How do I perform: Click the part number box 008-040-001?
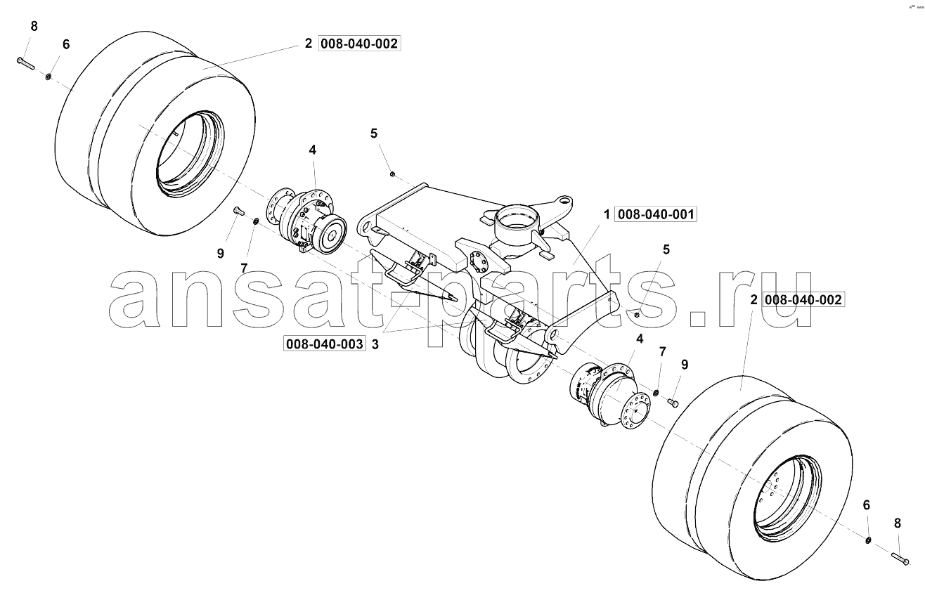click(x=655, y=214)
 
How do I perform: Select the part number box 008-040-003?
click(x=325, y=344)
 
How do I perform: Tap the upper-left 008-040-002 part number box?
click(x=359, y=44)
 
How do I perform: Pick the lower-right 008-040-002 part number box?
click(x=803, y=299)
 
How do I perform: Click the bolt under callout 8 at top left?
click(x=25, y=63)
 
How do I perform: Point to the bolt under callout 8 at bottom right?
click(x=900, y=559)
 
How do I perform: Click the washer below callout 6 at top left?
click(x=48, y=77)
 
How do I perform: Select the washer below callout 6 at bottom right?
click(x=868, y=540)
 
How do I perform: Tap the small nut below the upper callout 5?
click(x=392, y=174)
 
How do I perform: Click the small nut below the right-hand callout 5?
click(x=637, y=315)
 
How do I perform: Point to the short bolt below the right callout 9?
click(x=673, y=403)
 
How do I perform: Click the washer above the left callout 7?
click(x=256, y=222)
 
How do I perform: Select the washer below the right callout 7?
click(x=656, y=391)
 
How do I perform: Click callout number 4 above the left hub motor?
click(x=313, y=150)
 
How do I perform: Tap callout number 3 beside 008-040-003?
click(x=375, y=344)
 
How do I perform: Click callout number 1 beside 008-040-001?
click(x=607, y=214)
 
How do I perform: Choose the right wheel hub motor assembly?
click(x=609, y=397)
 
